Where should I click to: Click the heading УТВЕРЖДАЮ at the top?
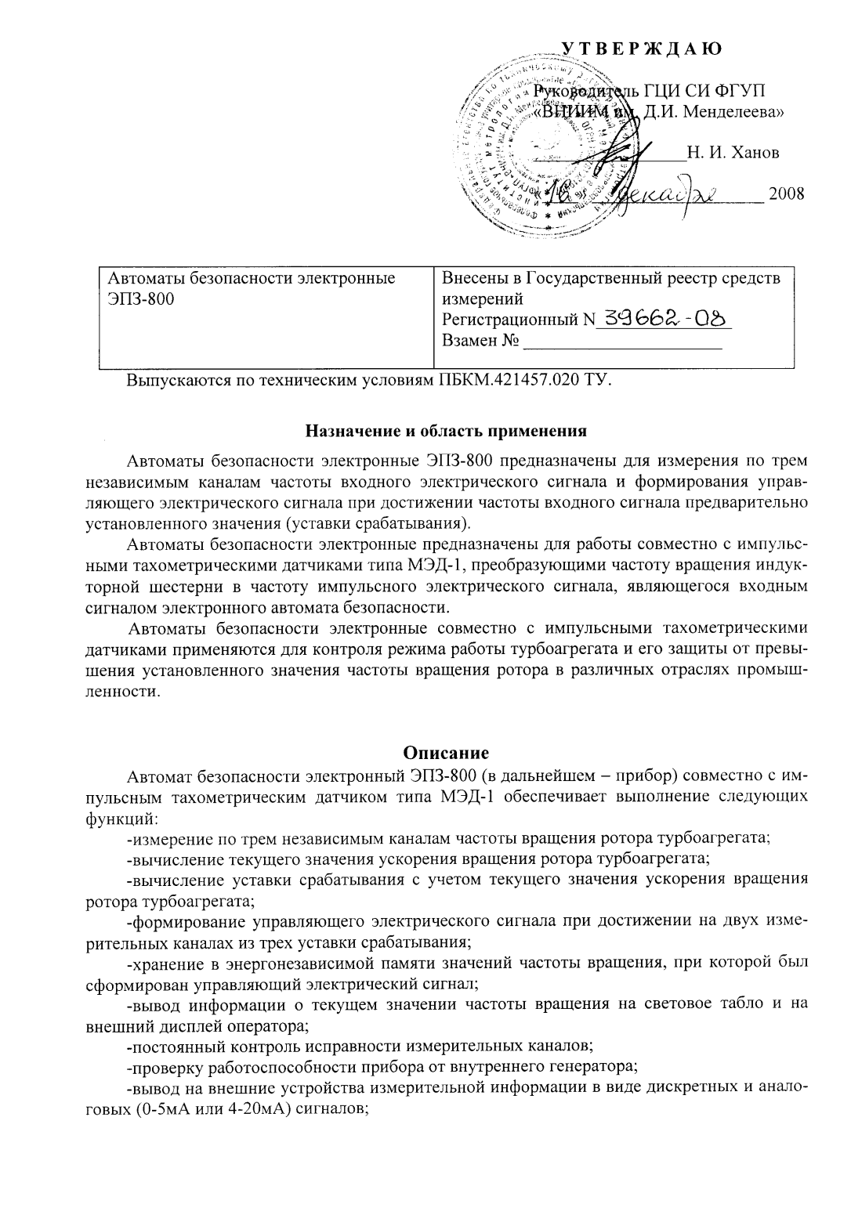641,49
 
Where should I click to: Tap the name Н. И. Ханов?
733,152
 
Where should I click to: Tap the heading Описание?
445,753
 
